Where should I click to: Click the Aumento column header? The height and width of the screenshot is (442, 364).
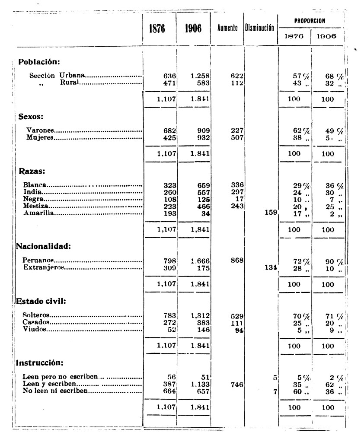pos(227,29)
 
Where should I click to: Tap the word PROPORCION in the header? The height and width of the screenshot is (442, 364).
pos(310,20)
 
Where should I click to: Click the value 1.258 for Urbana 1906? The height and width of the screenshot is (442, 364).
pos(200,76)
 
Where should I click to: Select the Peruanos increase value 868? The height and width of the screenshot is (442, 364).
pos(236,261)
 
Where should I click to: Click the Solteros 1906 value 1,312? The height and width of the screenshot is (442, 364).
pos(200,317)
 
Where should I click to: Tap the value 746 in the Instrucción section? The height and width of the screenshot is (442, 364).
pos(236,384)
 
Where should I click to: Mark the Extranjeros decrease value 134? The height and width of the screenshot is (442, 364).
pos(270,268)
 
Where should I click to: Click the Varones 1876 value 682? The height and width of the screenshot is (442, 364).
pos(165,130)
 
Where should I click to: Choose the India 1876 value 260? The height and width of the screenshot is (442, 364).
pos(165,192)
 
